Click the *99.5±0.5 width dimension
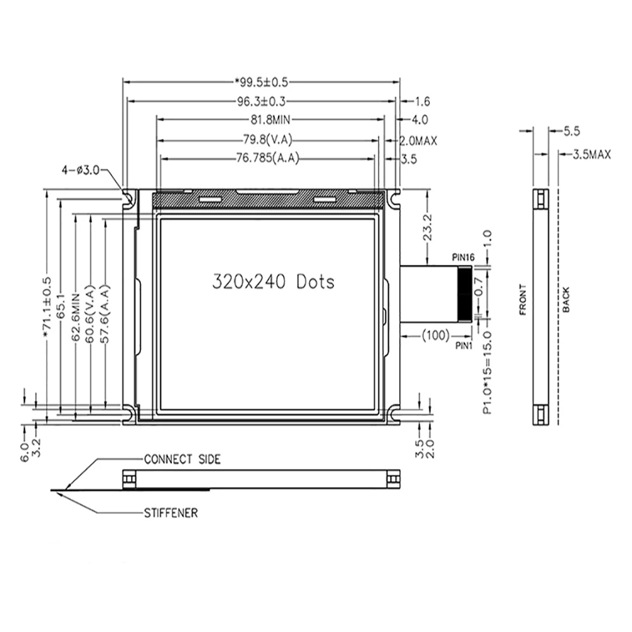[262, 82]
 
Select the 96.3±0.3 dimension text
[261, 101]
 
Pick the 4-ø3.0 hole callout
[80, 171]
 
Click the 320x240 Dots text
[272, 281]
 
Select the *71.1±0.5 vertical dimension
[47, 310]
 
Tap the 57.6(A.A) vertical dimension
[106, 314]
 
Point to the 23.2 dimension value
[429, 226]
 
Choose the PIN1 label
[465, 345]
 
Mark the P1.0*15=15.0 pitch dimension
[487, 372]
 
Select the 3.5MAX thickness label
[591, 154]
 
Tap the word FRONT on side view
[522, 300]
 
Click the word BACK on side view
[566, 300]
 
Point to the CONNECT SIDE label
[182, 459]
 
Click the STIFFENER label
[171, 513]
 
